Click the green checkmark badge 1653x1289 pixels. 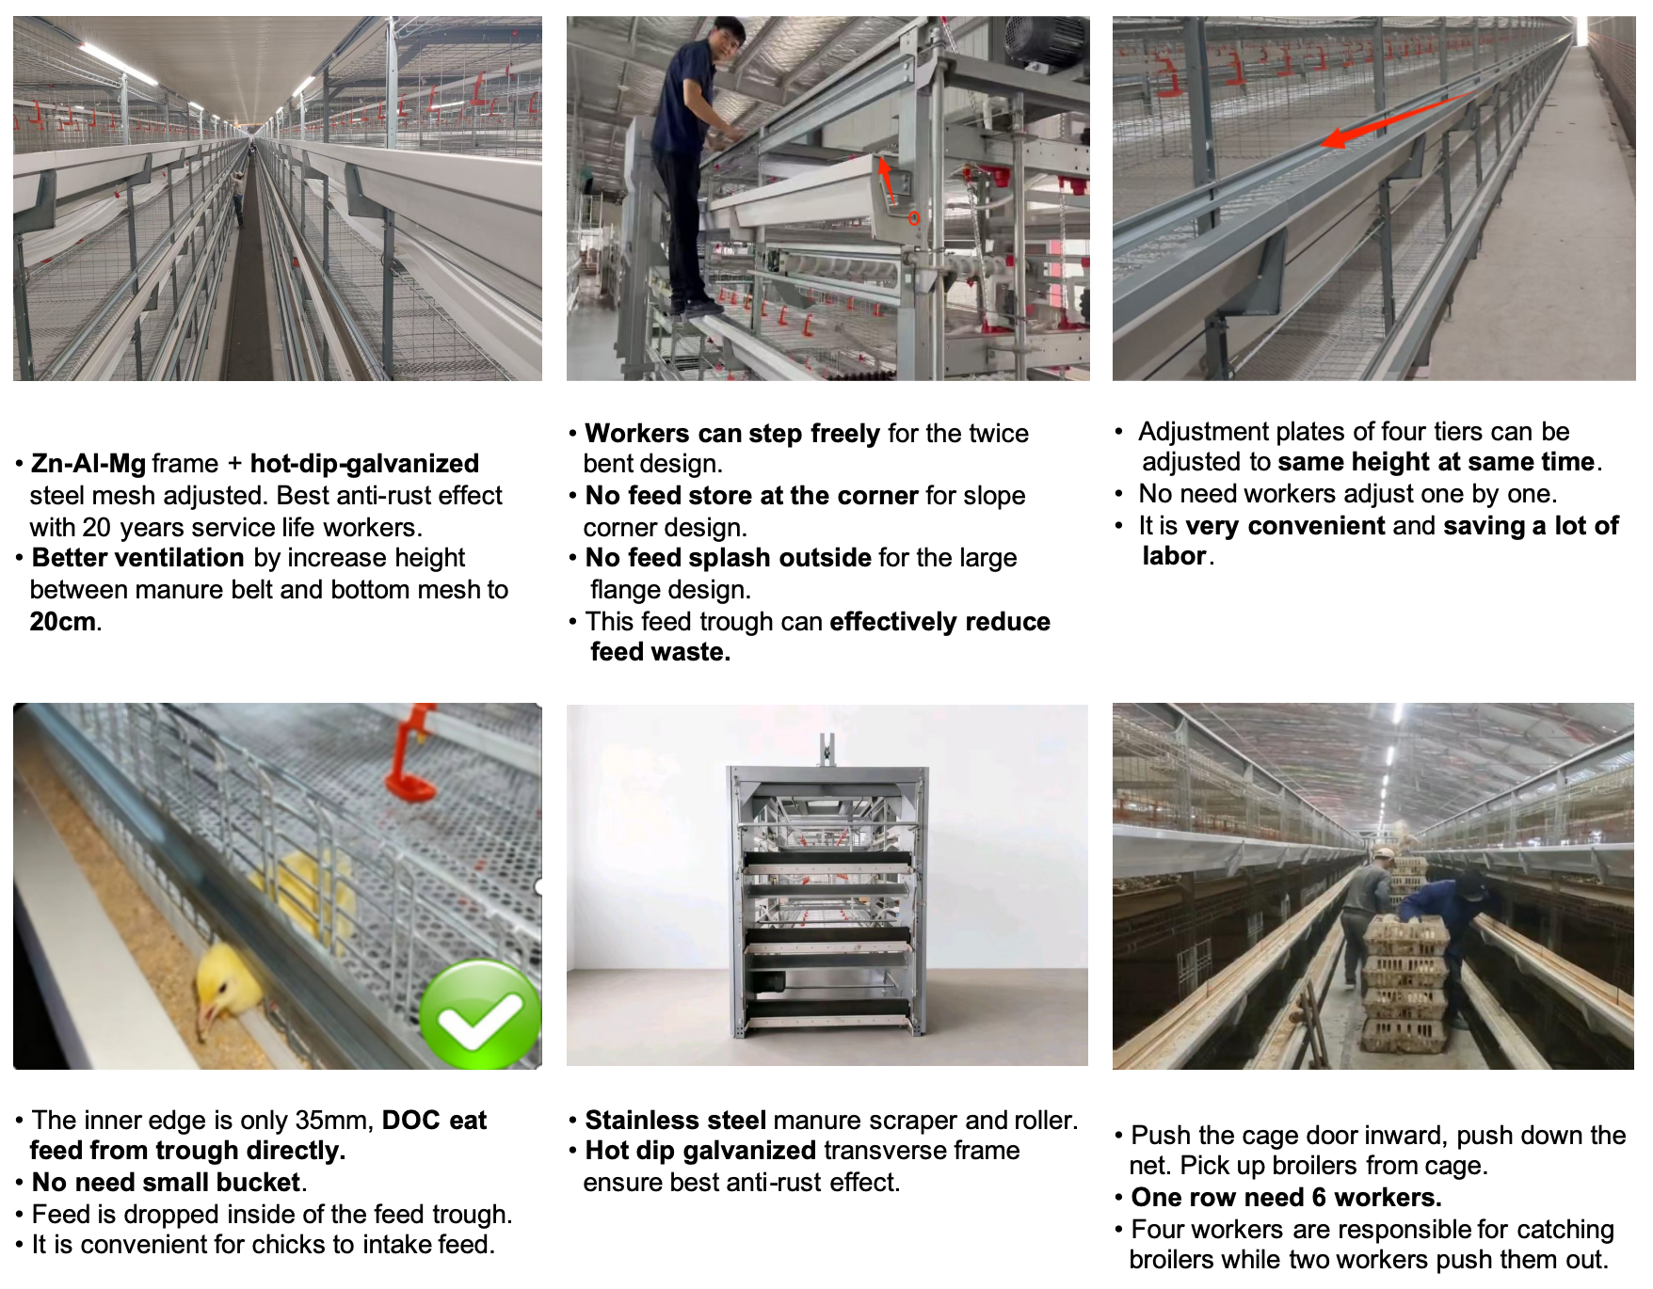pyautogui.click(x=480, y=1016)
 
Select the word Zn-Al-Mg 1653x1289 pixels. pyautogui.click(x=88, y=464)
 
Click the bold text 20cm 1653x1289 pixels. pyautogui.click(x=62, y=622)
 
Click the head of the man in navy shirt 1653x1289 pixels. pyautogui.click(x=726, y=38)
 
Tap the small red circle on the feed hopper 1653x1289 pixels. pyautogui.click(x=913, y=218)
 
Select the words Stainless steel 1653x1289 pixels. pyautogui.click(x=675, y=1121)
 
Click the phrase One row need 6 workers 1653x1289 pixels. pyautogui.click(x=1286, y=1198)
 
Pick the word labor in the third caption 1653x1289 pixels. pyautogui.click(x=1174, y=556)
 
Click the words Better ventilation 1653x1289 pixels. pyautogui.click(x=138, y=558)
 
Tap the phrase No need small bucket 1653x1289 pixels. pyautogui.click(x=167, y=1183)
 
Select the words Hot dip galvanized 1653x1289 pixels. pyautogui.click(x=700, y=1151)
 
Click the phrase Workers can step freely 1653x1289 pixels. pyautogui.click(x=732, y=434)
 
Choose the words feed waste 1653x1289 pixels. pyautogui.click(x=660, y=652)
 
